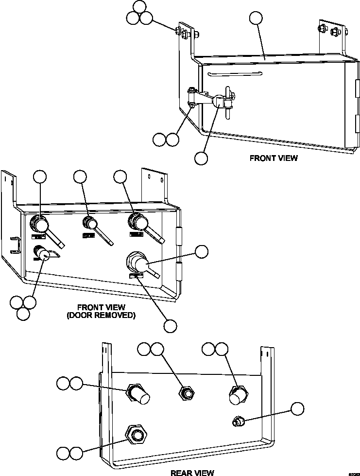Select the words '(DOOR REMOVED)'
[101, 315]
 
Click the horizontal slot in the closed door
[235, 74]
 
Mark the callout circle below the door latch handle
[201, 158]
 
